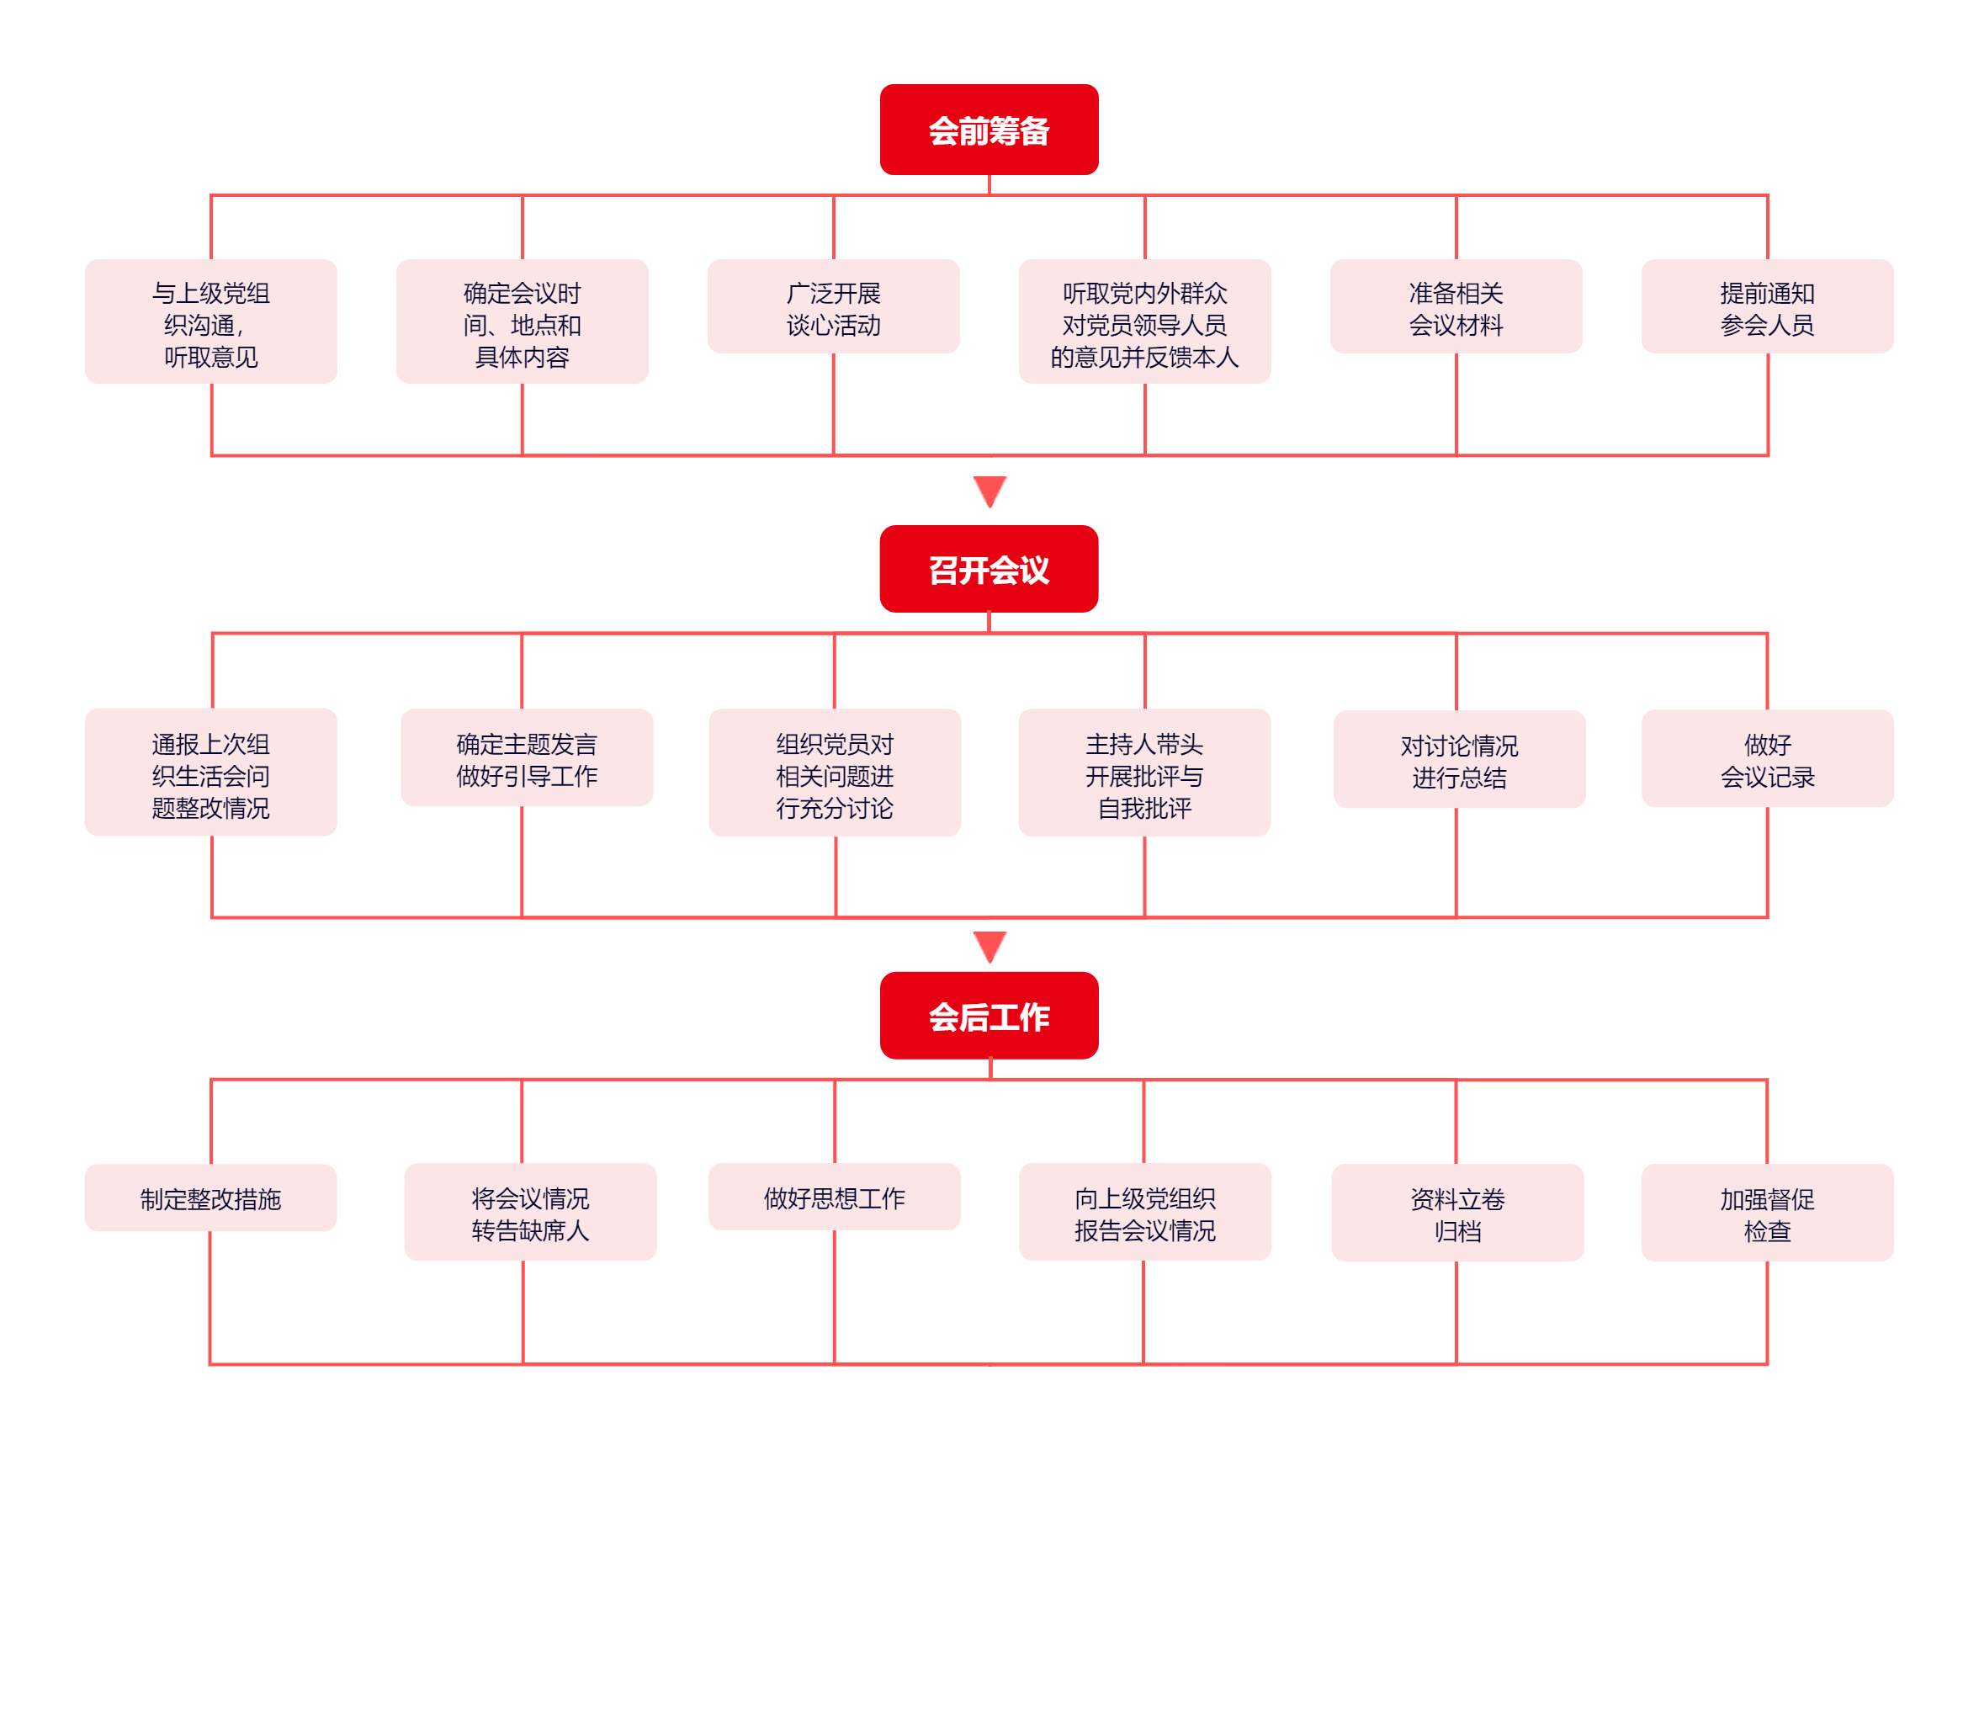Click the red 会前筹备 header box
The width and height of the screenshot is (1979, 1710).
coord(989,130)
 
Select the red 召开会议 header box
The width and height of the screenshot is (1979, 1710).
coord(989,570)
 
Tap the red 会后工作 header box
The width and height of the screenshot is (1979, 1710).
coord(989,1016)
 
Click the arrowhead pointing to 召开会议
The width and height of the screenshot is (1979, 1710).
coord(989,490)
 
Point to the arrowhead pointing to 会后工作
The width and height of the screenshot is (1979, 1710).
coord(989,946)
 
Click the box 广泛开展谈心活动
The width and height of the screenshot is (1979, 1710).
coord(834,306)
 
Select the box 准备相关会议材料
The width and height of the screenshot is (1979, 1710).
coord(1456,306)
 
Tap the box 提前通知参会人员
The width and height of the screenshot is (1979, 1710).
coord(1768,306)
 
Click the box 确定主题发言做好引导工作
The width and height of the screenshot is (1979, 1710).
coord(528,757)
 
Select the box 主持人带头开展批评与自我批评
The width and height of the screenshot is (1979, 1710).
coord(1145,773)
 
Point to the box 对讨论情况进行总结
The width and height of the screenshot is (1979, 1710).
coord(1459,759)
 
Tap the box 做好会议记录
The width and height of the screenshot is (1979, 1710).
coord(1768,758)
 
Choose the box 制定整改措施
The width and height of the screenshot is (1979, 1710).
coord(211,1198)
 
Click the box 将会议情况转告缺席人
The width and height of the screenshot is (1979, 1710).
coord(531,1213)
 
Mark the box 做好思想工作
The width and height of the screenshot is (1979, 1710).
coord(835,1197)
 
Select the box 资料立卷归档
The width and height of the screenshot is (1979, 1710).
coord(1457,1213)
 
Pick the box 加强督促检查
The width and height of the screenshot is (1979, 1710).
coord(1768,1213)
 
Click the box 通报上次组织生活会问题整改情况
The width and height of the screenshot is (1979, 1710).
coord(211,773)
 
